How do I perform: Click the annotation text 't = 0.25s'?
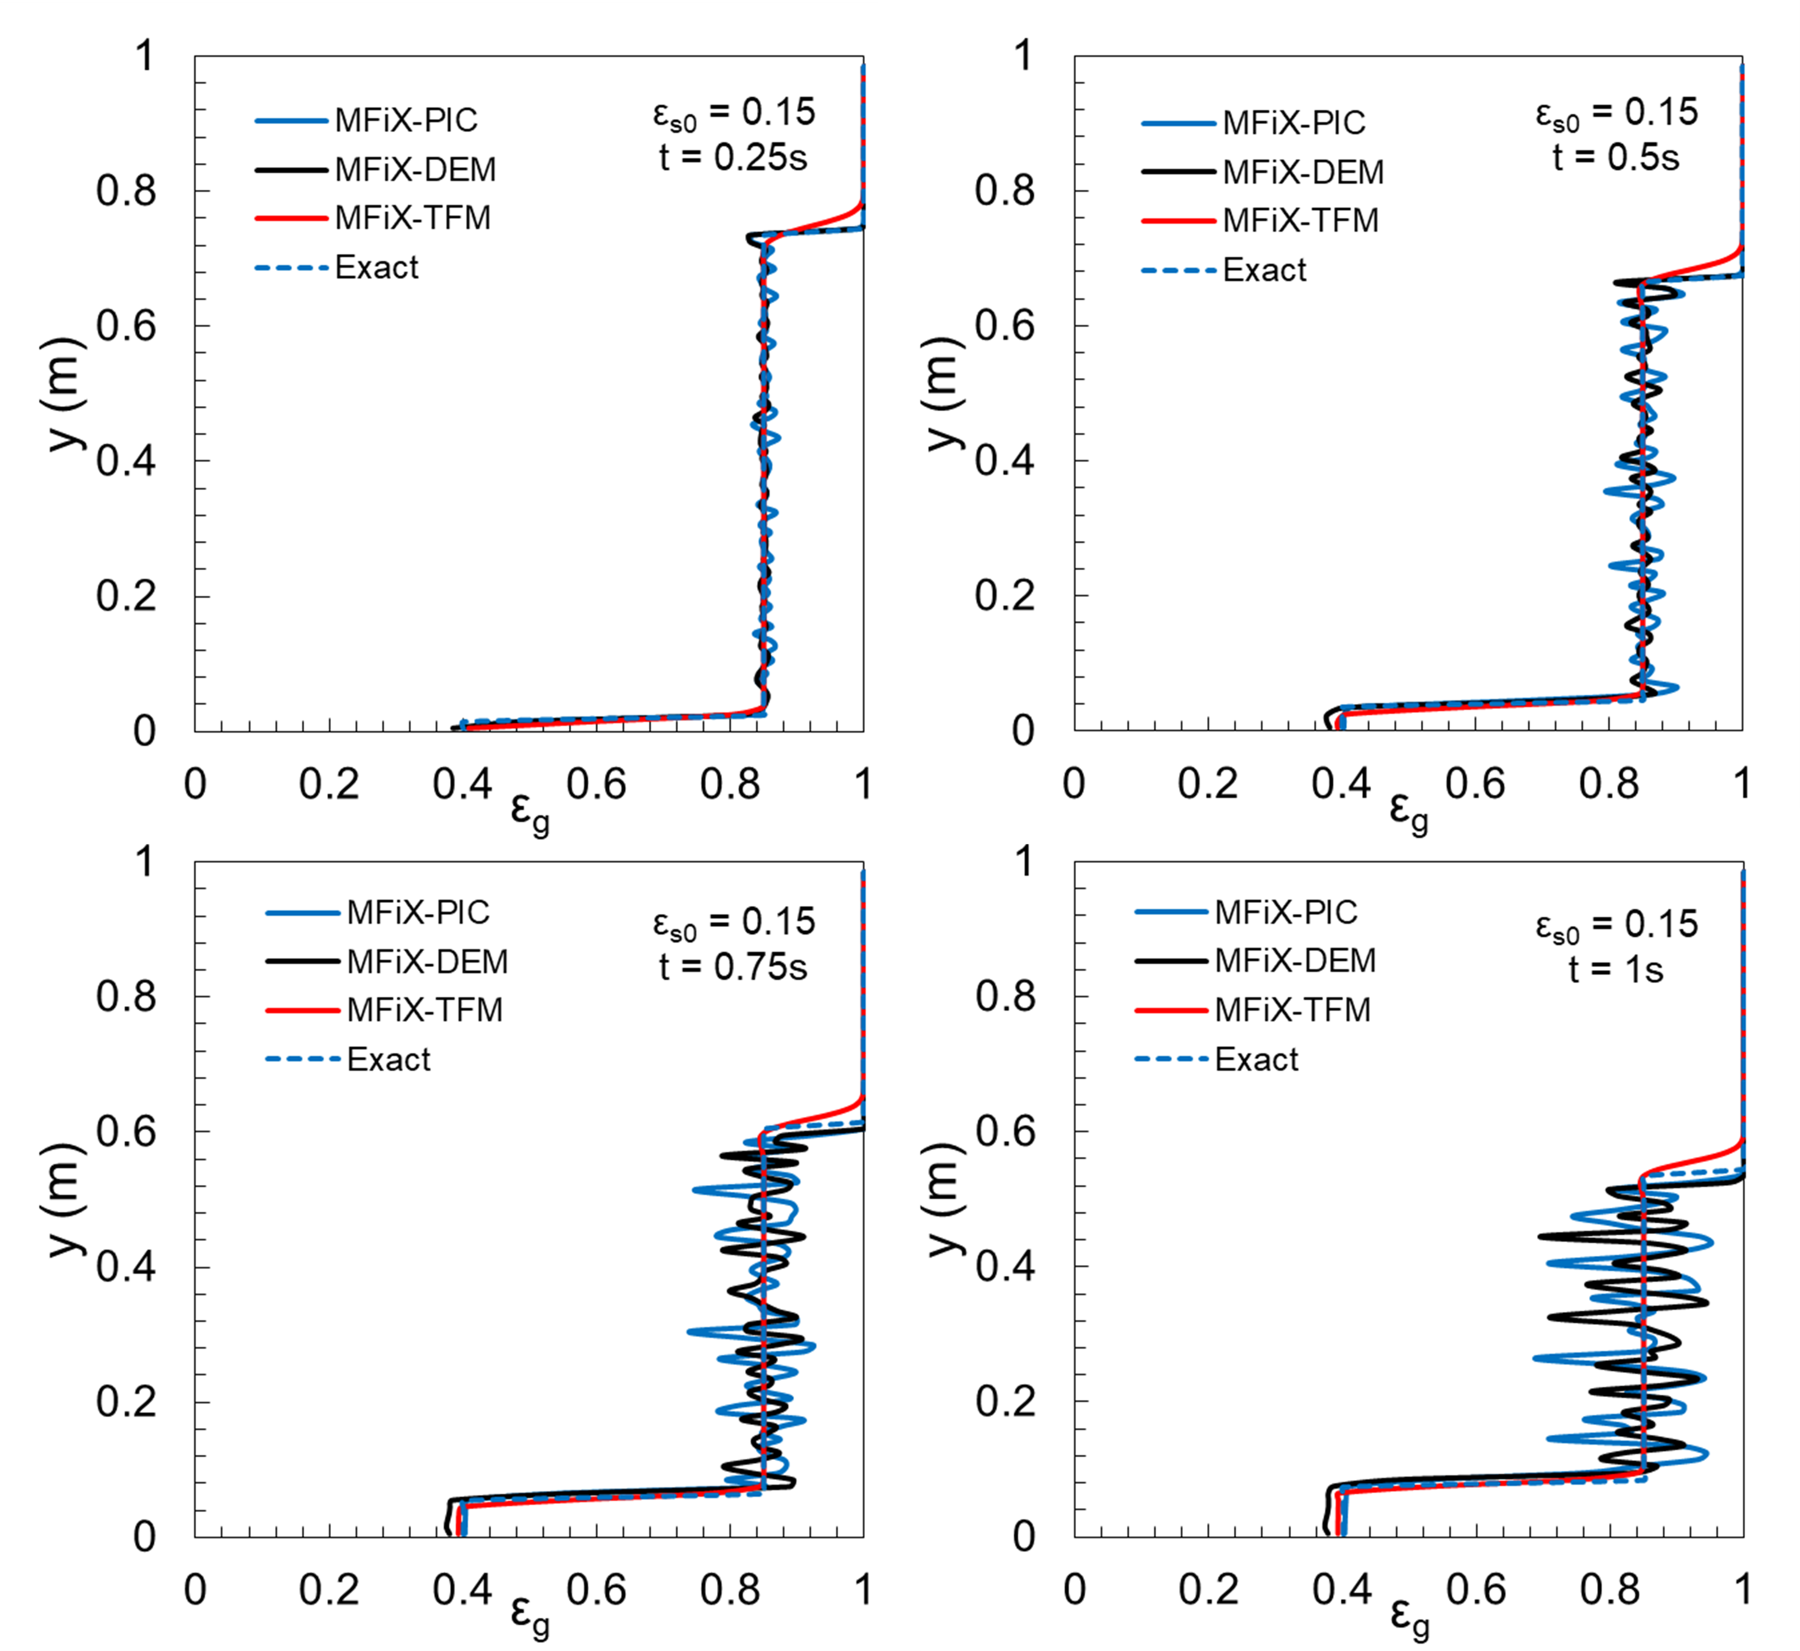[733, 158]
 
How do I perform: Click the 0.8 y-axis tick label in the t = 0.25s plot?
[126, 190]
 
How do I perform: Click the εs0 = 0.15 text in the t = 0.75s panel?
[733, 923]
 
